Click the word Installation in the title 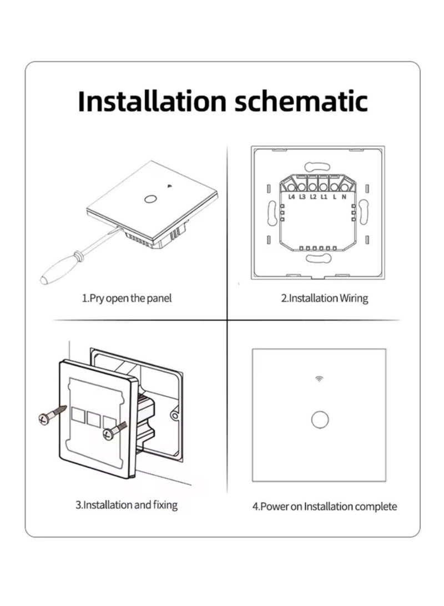coord(152,101)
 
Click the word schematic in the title coord(301,101)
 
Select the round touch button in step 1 coord(148,199)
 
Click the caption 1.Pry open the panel coord(127,299)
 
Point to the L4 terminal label coord(292,197)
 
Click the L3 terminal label coord(302,197)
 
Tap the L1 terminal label coord(324,197)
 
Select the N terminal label coord(344,197)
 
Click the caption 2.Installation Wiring coord(324,299)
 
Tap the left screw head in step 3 coord(44,419)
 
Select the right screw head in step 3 coord(108,433)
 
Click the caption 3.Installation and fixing coord(127,505)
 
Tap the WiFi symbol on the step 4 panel coord(319,378)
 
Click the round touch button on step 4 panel coord(320,420)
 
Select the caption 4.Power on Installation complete coord(325,507)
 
